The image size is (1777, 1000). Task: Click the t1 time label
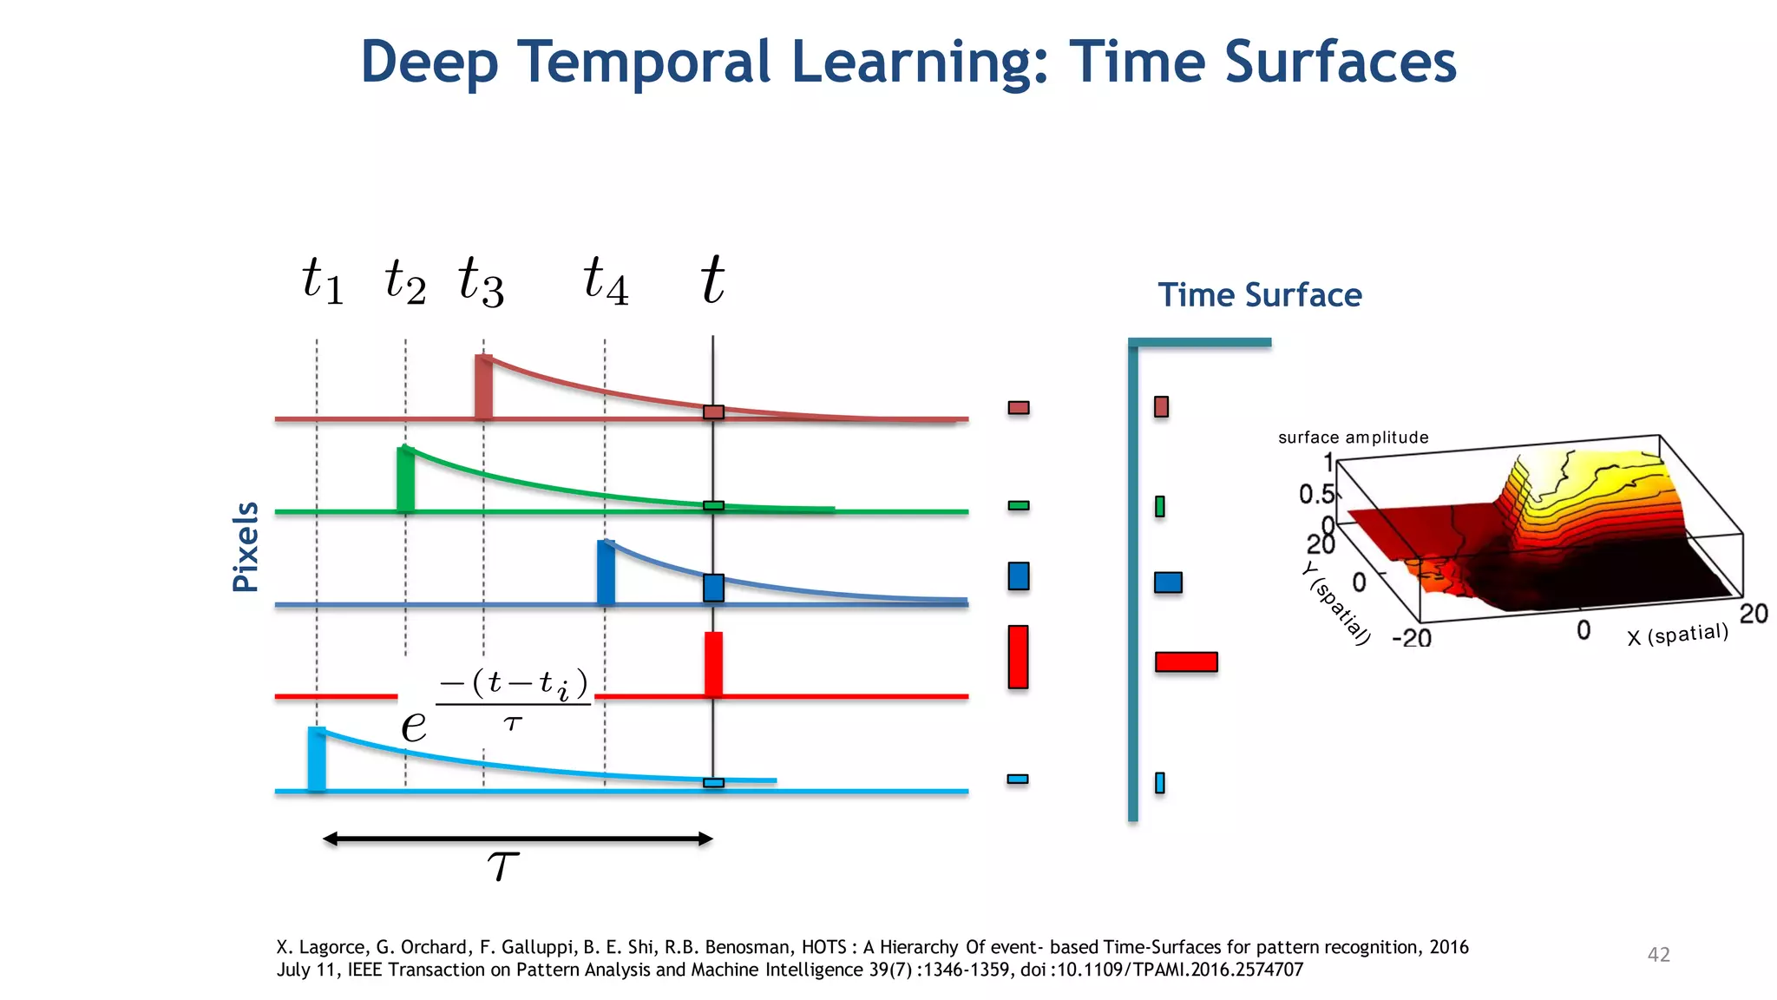[x=323, y=280]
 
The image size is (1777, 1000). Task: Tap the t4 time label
[x=606, y=280]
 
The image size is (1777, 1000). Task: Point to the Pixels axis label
[x=246, y=547]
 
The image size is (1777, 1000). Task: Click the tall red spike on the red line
[x=713, y=664]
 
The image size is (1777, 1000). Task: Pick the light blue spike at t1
[x=317, y=760]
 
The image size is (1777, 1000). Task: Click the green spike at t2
[x=405, y=479]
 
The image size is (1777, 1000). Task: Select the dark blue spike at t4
[x=606, y=573]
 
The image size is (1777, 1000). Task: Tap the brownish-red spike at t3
[x=483, y=387]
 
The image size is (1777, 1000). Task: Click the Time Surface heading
[x=1260, y=295]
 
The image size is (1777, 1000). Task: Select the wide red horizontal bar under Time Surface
[x=1186, y=662]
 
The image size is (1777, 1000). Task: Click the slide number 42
[x=1658, y=955]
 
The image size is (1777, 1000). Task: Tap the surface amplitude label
[x=1353, y=437]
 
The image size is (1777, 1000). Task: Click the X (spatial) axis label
[x=1677, y=635]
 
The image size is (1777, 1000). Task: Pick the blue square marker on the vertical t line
[x=713, y=588]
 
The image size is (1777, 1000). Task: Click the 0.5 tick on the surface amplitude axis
[x=1315, y=495]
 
